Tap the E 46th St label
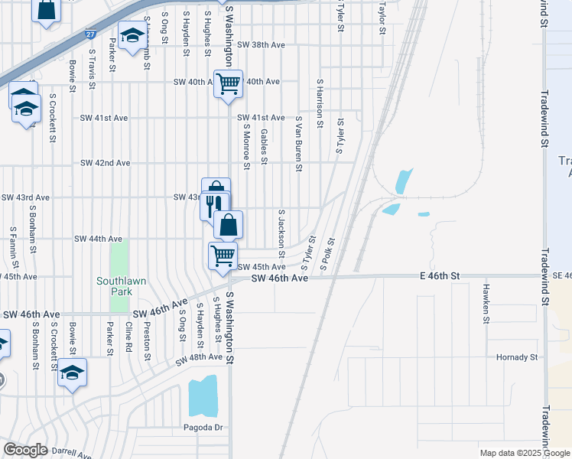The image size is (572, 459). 439,275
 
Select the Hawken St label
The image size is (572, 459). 486,303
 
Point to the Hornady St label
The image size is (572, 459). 518,357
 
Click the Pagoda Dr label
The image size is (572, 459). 202,427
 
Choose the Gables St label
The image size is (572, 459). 264,146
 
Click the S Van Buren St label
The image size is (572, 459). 299,145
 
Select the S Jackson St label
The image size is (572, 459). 281,233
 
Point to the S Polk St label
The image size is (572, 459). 327,256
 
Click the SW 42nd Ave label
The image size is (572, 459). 106,163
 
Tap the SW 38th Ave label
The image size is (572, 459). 260,45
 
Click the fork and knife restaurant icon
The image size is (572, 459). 214,204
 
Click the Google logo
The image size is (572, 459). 25,450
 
